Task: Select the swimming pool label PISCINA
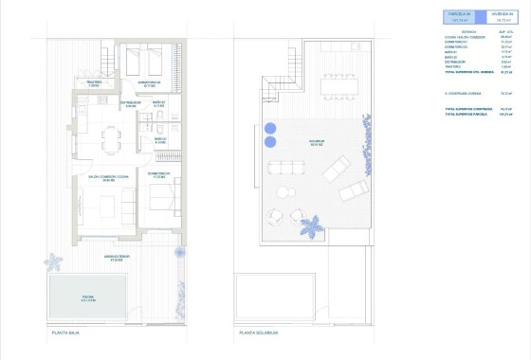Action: [x=87, y=297]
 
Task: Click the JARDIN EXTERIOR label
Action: [x=93, y=258]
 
